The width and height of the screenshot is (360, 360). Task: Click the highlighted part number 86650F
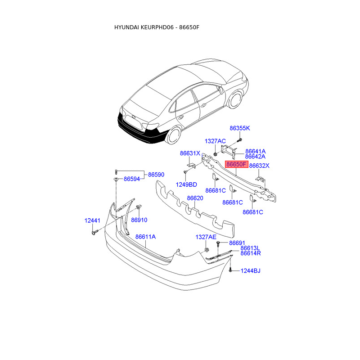point(237,165)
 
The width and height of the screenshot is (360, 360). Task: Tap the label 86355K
point(239,128)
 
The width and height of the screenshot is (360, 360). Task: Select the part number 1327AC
point(215,141)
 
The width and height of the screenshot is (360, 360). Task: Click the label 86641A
point(255,151)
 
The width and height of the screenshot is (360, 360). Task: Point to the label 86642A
point(255,157)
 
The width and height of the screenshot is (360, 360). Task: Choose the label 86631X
point(190,153)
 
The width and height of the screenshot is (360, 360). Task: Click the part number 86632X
point(259,166)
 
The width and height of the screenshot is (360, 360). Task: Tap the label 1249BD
point(186,184)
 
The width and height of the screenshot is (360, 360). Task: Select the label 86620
point(195,198)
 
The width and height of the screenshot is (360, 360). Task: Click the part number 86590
point(156,174)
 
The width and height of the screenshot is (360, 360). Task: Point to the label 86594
point(132,179)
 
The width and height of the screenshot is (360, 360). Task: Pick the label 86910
point(139,220)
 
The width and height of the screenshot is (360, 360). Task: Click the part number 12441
point(93,220)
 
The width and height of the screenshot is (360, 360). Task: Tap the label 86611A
point(145,237)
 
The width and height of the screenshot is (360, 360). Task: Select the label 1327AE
point(206,237)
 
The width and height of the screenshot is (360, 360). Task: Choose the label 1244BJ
point(250,271)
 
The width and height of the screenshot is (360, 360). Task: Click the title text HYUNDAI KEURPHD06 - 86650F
point(157,27)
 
